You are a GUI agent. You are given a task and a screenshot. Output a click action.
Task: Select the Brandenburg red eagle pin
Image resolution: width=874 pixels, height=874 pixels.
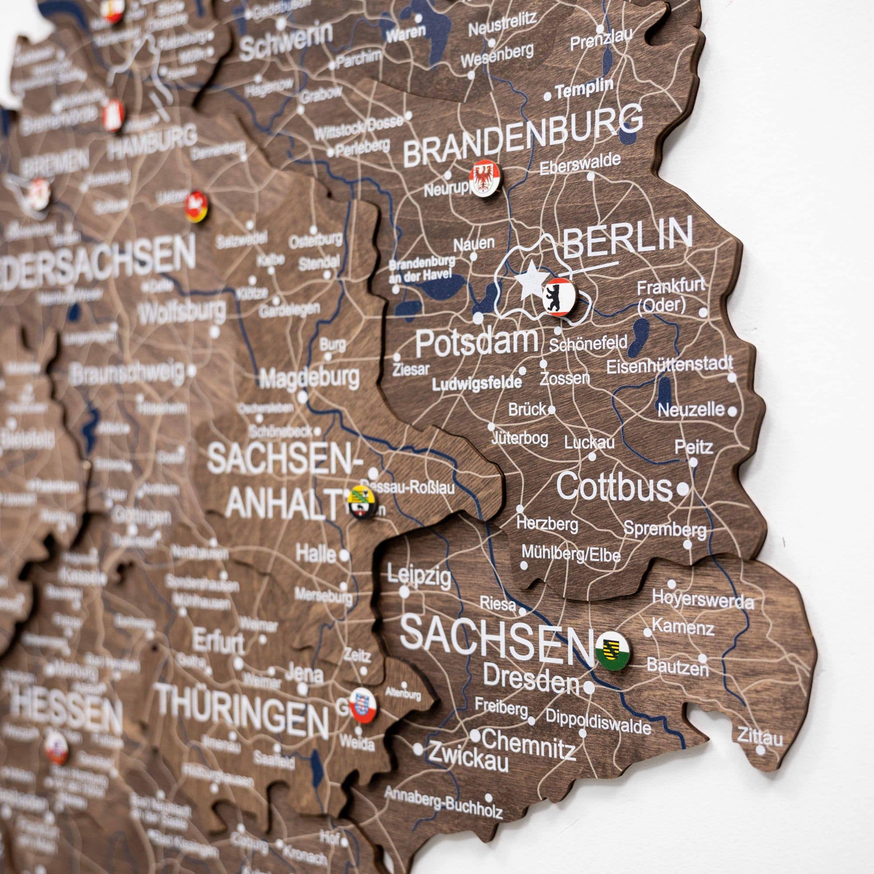pyautogui.click(x=484, y=179)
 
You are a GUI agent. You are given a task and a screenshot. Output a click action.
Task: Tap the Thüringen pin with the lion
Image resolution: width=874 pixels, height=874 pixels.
pyautogui.click(x=363, y=705)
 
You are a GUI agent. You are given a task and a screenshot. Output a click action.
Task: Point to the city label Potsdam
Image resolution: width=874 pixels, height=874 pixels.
pyautogui.click(x=477, y=343)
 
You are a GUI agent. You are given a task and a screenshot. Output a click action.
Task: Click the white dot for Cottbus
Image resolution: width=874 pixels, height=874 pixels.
pyautogui.click(x=683, y=488)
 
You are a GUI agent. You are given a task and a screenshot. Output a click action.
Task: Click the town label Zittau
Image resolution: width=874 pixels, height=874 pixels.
pyautogui.click(x=760, y=737)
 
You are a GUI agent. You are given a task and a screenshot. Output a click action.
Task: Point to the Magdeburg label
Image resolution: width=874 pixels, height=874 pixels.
pyautogui.click(x=310, y=377)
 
